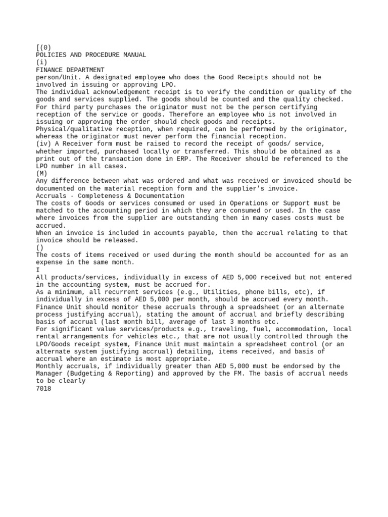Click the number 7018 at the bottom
[43, 389]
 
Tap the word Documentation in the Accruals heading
[157, 196]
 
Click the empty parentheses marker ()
[40, 248]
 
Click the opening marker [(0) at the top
[43, 47]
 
